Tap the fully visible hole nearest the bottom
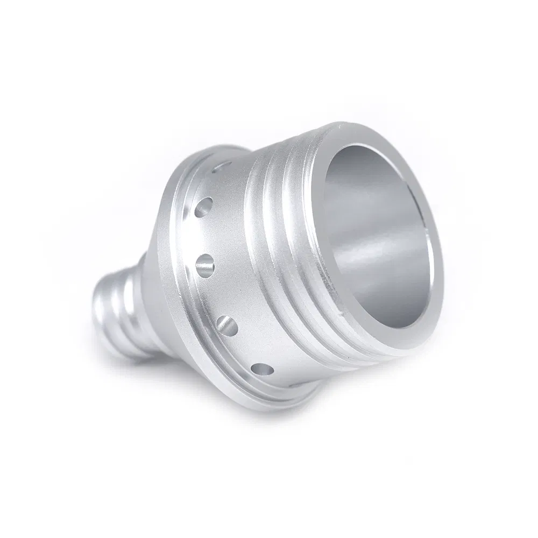point(261,370)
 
